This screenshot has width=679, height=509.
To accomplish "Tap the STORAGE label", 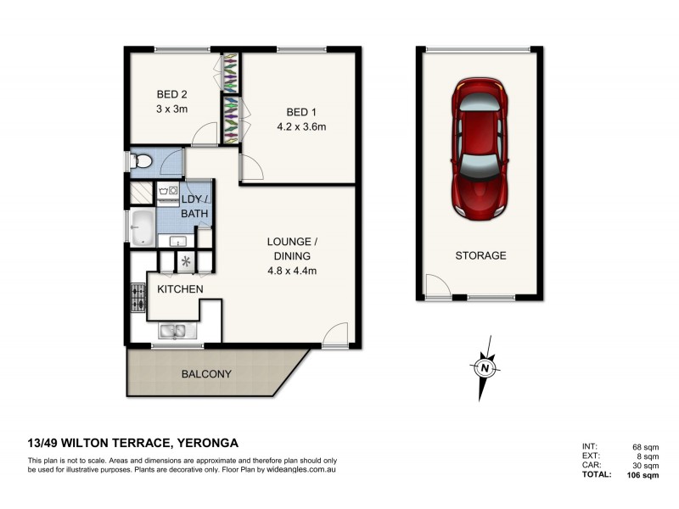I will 480,255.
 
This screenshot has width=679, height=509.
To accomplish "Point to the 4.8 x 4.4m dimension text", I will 288,271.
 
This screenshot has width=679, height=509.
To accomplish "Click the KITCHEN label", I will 180,289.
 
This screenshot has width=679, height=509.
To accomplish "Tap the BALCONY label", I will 205,373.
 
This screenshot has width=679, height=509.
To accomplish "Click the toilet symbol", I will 141,159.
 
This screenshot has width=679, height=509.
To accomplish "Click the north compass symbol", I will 484,368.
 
